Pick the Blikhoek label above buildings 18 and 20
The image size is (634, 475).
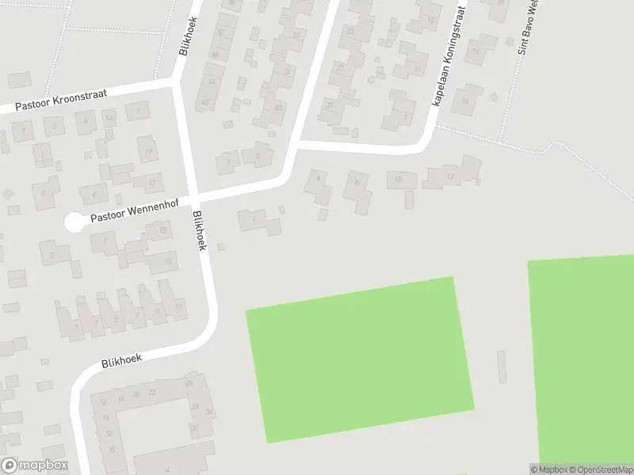121,360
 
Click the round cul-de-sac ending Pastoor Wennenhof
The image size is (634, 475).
74,223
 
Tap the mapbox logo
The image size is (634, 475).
34,465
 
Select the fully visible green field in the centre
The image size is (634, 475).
361,360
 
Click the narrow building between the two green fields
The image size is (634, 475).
502,367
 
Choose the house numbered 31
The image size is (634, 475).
330,104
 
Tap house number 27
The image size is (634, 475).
340,68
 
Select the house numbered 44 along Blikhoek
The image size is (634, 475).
211,82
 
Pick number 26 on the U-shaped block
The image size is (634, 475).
189,384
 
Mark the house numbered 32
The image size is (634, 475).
296,36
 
